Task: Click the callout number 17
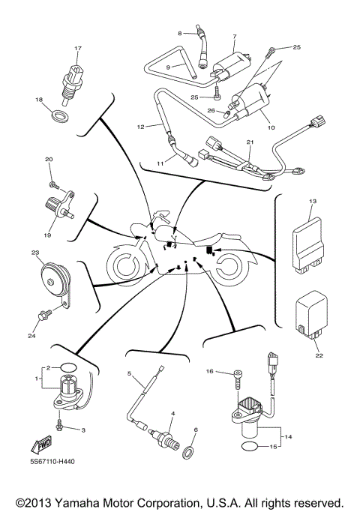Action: pos(76,49)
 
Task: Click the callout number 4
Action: pos(172,413)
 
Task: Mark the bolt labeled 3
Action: pos(59,425)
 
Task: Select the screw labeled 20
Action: pos(52,182)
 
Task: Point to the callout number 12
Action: pos(139,127)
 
